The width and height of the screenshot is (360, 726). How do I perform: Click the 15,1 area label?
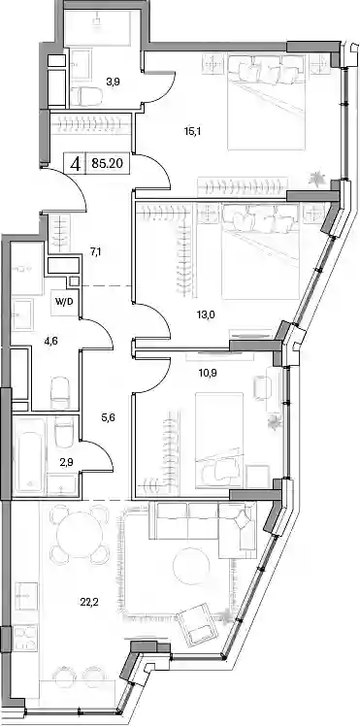coord(191,131)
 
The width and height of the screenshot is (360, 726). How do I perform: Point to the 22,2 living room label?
coord(89,602)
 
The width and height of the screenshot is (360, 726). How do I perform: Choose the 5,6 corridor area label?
coord(109,417)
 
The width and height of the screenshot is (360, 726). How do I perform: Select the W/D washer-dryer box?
coord(65,303)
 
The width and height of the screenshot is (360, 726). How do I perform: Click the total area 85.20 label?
coord(107,163)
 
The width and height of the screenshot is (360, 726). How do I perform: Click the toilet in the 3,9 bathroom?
coord(88,96)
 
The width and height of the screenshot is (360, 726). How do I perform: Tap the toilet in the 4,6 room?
coord(60,392)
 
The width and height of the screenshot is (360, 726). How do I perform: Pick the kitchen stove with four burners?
coord(26,638)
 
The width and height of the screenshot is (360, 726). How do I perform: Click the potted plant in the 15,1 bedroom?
coord(318,177)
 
